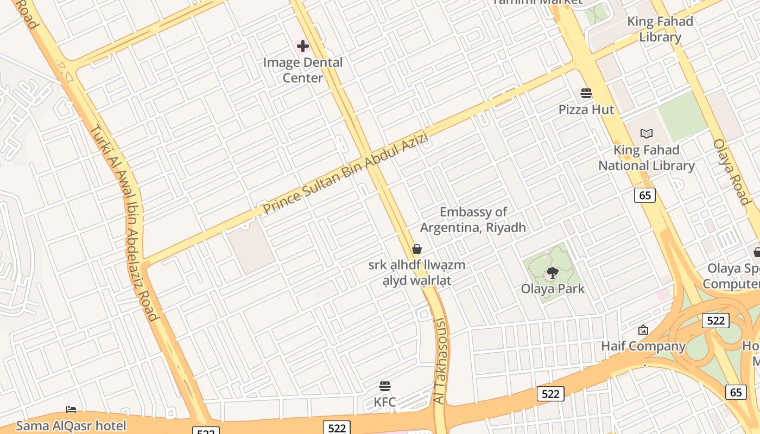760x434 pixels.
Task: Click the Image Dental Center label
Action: click(x=303, y=70)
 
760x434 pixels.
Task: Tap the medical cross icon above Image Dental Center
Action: click(x=303, y=46)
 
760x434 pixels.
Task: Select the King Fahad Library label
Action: click(x=660, y=29)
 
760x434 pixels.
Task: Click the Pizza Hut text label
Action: click(x=586, y=110)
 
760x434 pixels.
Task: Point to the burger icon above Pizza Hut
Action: click(x=586, y=93)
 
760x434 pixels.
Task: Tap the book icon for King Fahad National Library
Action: click(x=646, y=133)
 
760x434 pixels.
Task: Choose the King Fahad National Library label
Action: click(x=647, y=158)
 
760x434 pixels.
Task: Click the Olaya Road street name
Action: click(x=732, y=171)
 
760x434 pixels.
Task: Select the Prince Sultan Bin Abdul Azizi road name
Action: click(x=346, y=174)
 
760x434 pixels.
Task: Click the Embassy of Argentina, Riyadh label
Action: click(x=473, y=220)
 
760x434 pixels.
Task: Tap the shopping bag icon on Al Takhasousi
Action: click(x=417, y=249)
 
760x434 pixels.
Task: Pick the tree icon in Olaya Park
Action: click(x=553, y=272)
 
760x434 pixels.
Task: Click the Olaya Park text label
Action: click(x=553, y=289)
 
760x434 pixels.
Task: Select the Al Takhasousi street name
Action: click(x=440, y=361)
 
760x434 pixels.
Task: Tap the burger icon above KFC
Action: click(x=385, y=386)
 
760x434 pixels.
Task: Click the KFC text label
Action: click(x=385, y=403)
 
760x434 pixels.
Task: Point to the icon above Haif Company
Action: click(x=643, y=330)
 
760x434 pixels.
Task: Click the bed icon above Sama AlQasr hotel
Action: click(x=71, y=410)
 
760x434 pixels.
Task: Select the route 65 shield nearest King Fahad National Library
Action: click(x=645, y=195)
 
